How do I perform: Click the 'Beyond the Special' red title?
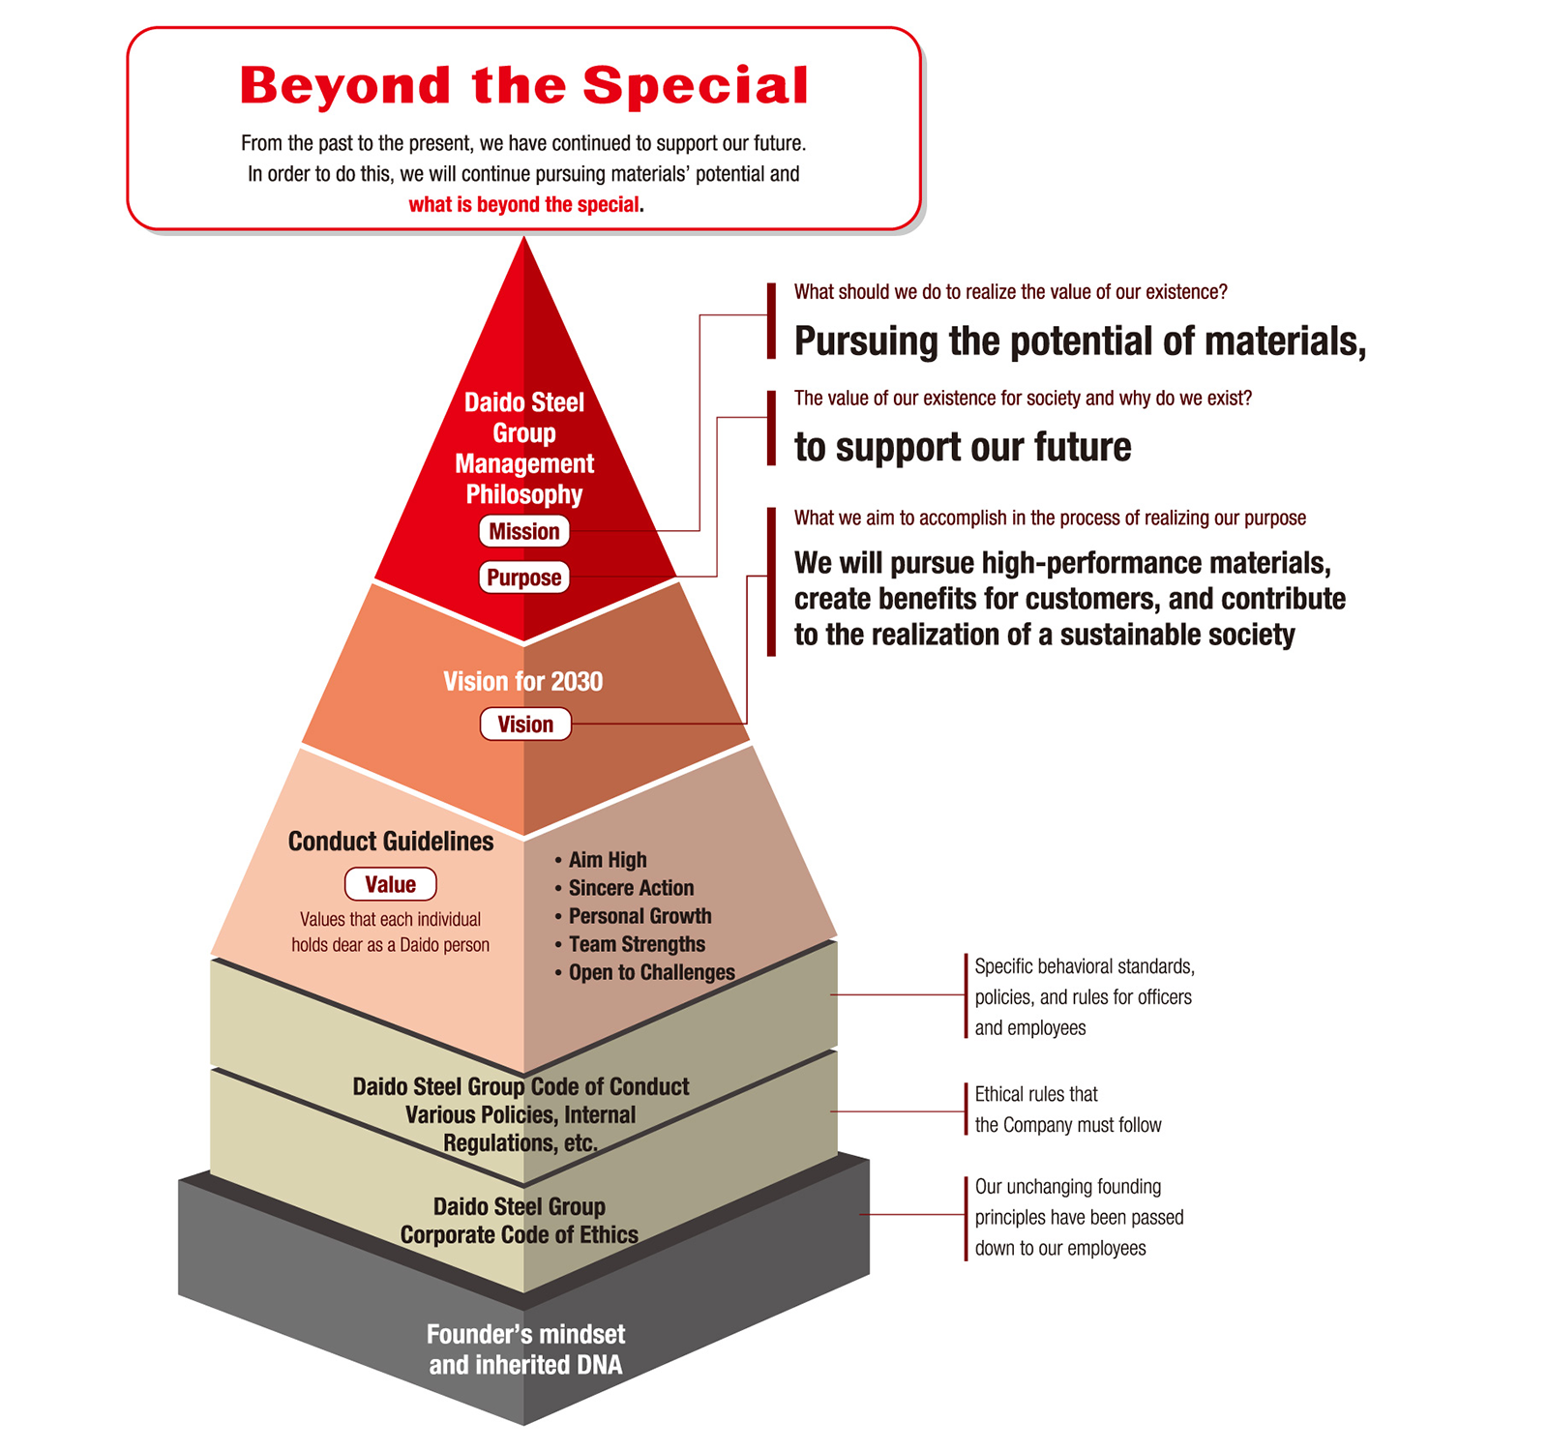coord(523,86)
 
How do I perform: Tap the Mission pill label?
coord(523,531)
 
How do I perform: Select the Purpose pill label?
coord(523,577)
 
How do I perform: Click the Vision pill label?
coord(525,725)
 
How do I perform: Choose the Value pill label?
coord(390,884)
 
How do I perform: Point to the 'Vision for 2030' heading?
coord(522,681)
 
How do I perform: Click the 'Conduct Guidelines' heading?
coord(391,842)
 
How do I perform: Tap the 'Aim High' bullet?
coord(607,860)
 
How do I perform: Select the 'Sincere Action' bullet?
coord(631,888)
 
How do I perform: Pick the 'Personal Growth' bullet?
coord(640,916)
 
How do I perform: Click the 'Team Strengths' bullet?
coord(637,944)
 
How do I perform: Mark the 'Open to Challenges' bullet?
coord(651,972)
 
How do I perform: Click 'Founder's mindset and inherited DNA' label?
coord(525,1349)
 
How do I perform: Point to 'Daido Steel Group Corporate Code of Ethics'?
coord(520,1221)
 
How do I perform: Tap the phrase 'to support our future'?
coord(963,447)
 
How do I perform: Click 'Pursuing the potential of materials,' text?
coord(1080,341)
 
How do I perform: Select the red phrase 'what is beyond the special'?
coord(523,204)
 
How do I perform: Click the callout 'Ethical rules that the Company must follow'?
coord(1067,1110)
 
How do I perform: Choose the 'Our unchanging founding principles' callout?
coord(1079,1217)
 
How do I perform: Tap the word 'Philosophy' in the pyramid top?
coord(524,494)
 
